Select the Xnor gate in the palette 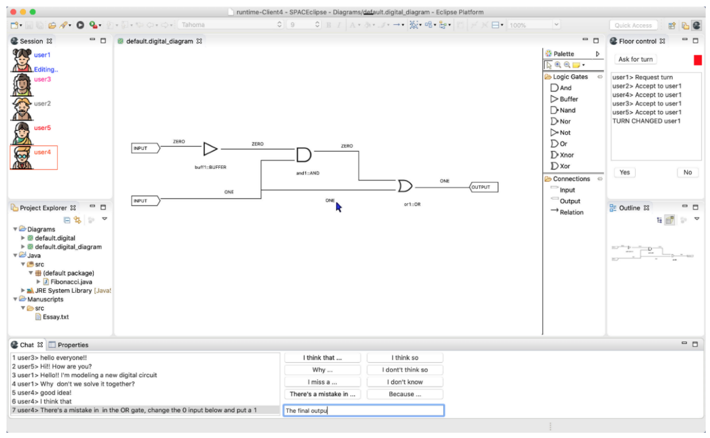566,155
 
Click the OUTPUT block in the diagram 483,187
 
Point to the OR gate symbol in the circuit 404,186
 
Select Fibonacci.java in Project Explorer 71,282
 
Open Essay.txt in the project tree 56,317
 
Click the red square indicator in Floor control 697,60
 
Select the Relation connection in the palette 571,212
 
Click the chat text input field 363,410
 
